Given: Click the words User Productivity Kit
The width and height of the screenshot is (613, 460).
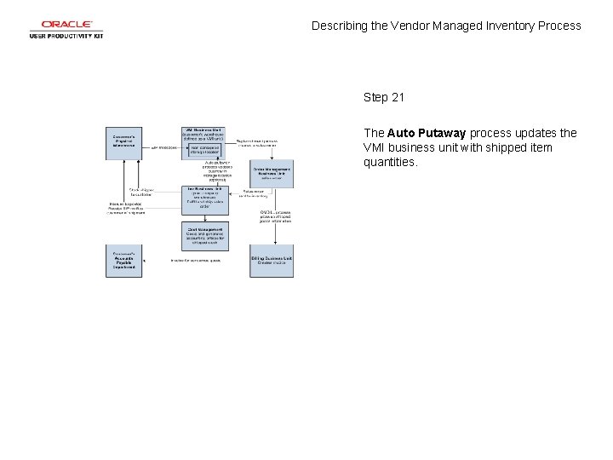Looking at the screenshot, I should coord(66,36).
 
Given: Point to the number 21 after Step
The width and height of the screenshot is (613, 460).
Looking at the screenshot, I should coord(398,97).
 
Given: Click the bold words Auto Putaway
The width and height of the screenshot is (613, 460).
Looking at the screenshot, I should coord(427,133).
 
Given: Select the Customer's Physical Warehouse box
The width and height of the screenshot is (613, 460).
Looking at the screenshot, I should coord(125,141).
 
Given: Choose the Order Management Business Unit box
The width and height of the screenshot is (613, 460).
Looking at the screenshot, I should coord(272,173).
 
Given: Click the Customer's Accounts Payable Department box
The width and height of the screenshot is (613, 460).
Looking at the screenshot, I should coord(125,261).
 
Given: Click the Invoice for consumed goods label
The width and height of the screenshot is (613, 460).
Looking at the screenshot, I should coord(195,261).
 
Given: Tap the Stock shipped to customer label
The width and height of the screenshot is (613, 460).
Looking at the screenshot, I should coord(140,192).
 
